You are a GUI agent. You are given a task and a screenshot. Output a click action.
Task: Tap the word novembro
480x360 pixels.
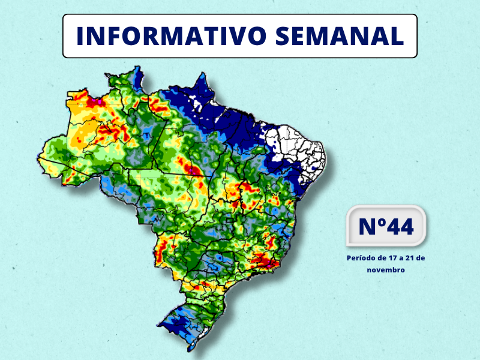(386, 270)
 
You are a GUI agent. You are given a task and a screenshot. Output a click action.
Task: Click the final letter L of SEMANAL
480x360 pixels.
(395, 36)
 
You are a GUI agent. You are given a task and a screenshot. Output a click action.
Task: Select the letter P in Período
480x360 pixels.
(349, 258)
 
